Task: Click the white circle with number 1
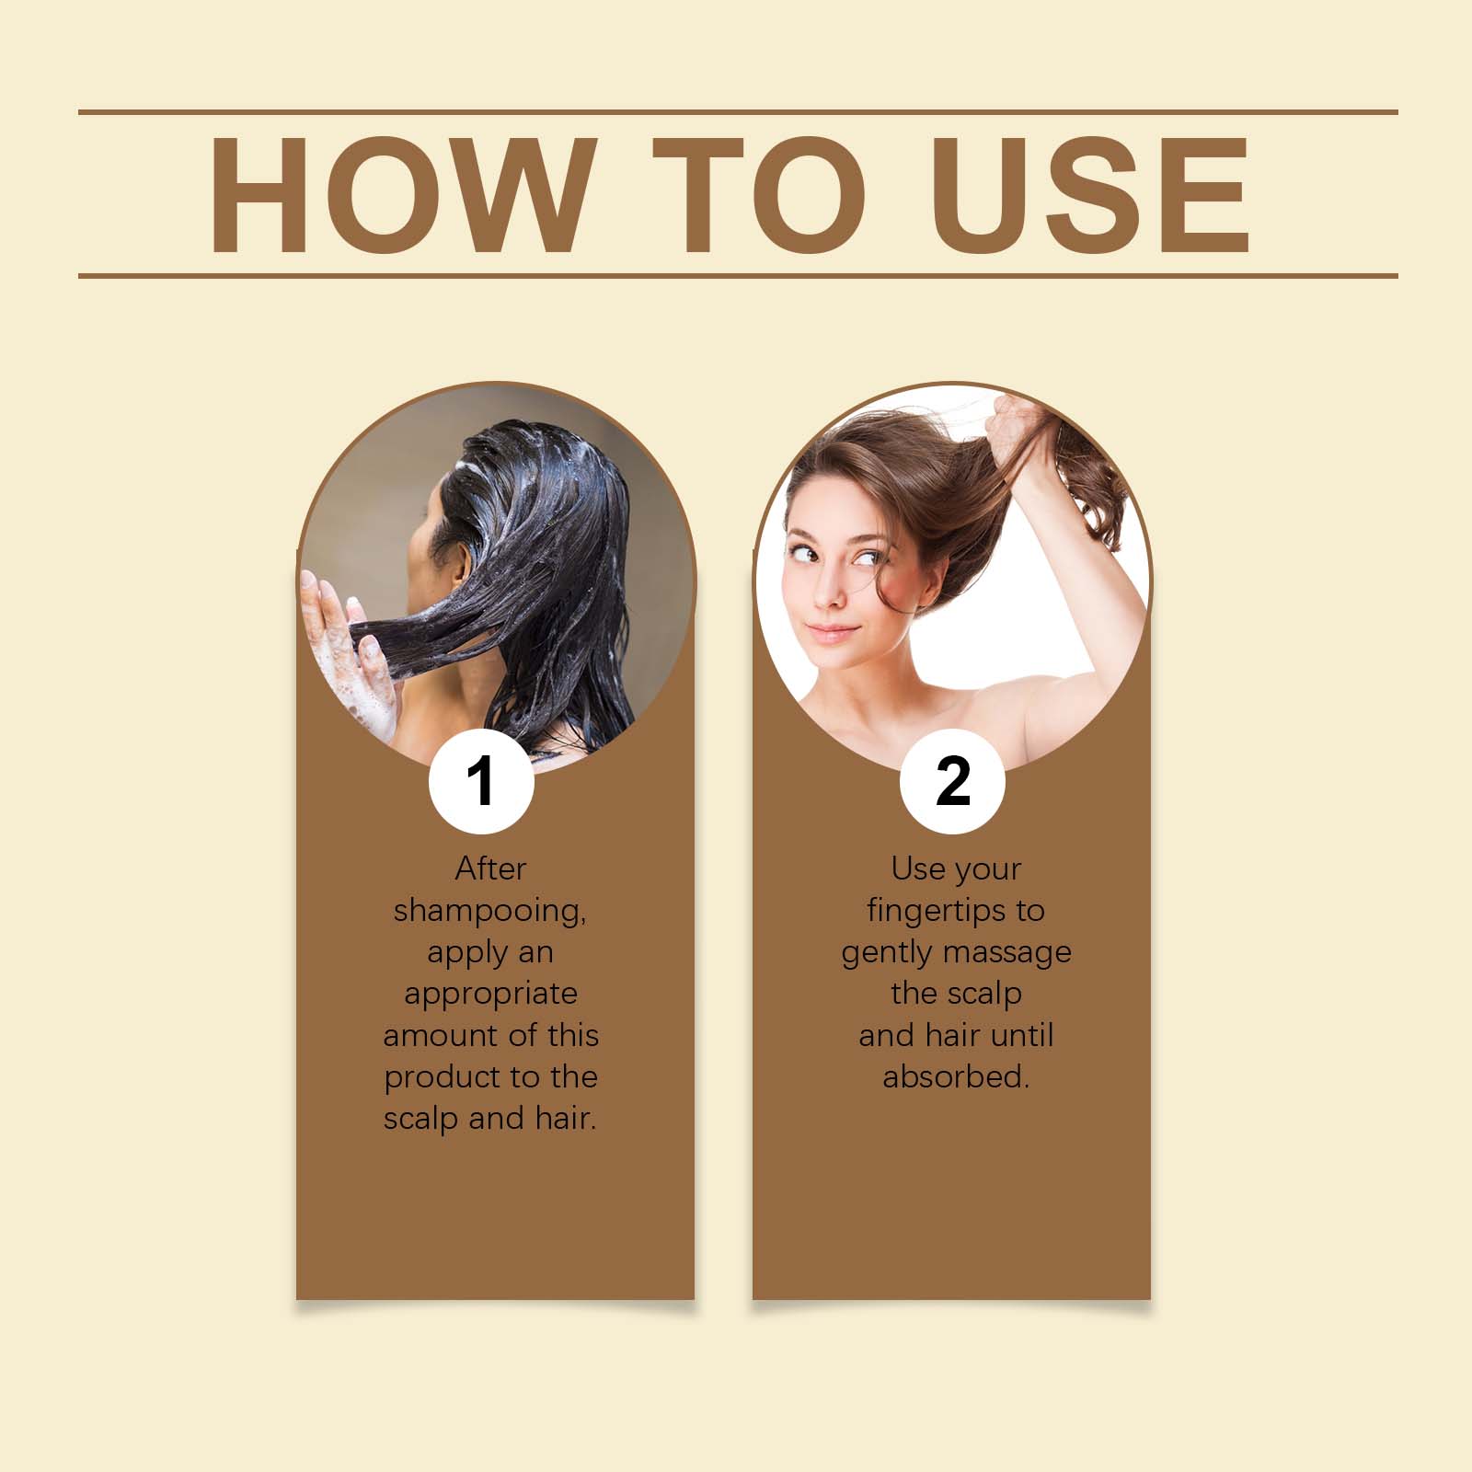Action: coord(481,780)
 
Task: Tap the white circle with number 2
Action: coord(952,781)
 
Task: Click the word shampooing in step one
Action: coord(489,912)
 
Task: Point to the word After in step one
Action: coord(490,868)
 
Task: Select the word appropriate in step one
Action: coord(490,995)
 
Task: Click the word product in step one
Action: coord(441,1077)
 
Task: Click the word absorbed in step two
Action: coord(956,1076)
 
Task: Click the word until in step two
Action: coord(1022,1035)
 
